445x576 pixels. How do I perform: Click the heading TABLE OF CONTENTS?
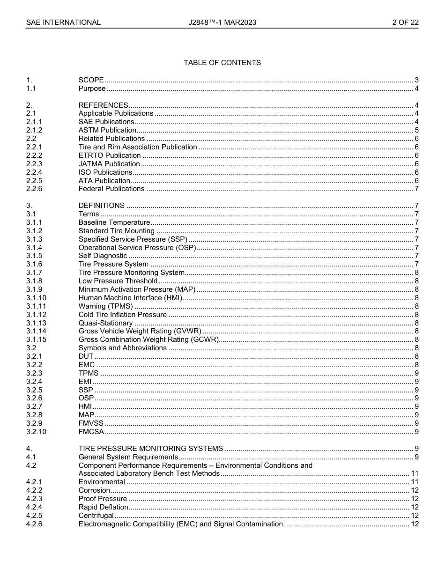[222, 63]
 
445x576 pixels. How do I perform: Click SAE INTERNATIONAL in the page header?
[63, 22]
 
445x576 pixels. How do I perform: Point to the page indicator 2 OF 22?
[405, 22]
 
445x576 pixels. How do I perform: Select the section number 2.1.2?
[34, 130]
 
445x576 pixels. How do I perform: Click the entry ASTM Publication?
[107, 130]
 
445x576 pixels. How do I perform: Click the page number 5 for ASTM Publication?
[416, 130]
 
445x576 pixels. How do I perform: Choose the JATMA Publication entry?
[109, 164]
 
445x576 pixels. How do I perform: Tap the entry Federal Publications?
[111, 189]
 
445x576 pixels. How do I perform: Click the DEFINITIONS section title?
[102, 206]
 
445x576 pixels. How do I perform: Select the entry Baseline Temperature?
[114, 222]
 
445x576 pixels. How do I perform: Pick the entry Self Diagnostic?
[103, 256]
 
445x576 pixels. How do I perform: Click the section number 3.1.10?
[36, 298]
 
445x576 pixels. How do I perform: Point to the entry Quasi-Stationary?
[105, 323]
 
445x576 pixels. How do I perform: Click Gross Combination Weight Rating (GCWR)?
[148, 340]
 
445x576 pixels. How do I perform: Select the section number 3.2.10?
[36, 432]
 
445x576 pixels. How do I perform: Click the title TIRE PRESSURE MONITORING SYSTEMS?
[150, 449]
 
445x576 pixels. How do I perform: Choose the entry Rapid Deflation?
[103, 507]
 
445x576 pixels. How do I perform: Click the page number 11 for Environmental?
[415, 482]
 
